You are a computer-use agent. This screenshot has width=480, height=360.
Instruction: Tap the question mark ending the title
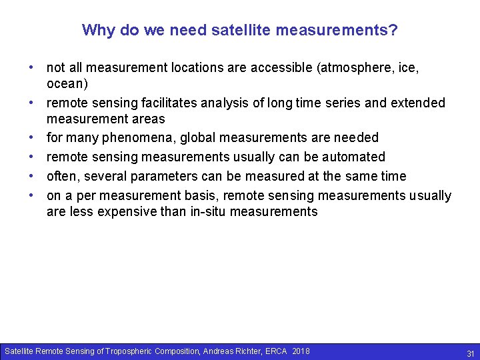coord(394,31)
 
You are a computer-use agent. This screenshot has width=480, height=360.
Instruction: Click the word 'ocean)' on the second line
coord(67,84)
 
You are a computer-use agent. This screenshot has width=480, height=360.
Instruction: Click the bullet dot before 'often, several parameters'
coord(31,177)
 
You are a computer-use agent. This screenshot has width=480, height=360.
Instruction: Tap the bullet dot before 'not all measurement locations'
coord(31,68)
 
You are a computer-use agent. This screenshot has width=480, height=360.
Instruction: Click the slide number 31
coord(470,353)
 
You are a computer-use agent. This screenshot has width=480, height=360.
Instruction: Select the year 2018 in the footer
coord(301,351)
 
